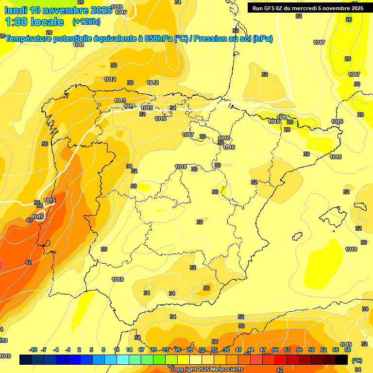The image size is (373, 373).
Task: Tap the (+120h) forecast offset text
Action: [x=86, y=21]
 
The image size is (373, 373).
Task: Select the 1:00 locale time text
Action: [x=34, y=22]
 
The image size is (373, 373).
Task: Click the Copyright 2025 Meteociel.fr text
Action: [x=206, y=369]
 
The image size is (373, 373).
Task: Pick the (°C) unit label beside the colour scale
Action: [x=357, y=361]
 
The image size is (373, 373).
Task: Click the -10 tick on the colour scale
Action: [x=33, y=350]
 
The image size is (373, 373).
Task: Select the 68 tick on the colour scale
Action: [x=348, y=350]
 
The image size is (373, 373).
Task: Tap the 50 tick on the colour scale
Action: [x=275, y=350]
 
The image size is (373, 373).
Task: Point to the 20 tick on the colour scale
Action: [x=153, y=350]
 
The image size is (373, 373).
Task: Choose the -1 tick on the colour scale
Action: [x=68, y=350]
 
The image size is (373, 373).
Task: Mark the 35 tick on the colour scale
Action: [x=214, y=350]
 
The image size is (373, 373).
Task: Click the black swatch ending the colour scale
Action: [x=341, y=359]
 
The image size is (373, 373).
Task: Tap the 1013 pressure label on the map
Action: [x=120, y=101]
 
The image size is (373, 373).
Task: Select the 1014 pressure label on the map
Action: [x=129, y=106]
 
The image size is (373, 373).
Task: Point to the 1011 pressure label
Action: [x=79, y=45]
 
